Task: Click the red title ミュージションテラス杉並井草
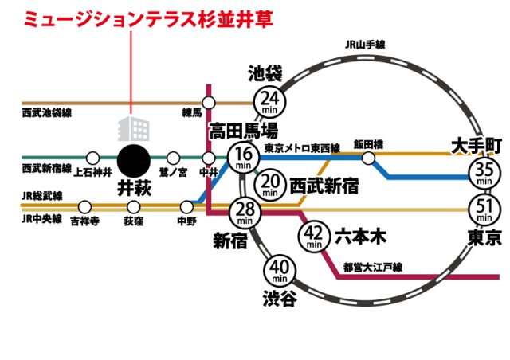pyautogui.click(x=148, y=19)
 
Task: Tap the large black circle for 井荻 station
pyautogui.click(x=134, y=162)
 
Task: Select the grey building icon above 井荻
pyautogui.click(x=134, y=128)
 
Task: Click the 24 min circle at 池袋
pyautogui.click(x=269, y=102)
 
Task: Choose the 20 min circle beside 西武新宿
pyautogui.click(x=270, y=184)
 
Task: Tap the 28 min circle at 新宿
pyautogui.click(x=245, y=213)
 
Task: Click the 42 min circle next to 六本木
pyautogui.click(x=314, y=236)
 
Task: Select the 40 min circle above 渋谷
pyautogui.click(x=280, y=270)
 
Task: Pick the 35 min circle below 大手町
pyautogui.click(x=484, y=172)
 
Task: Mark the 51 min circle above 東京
pyautogui.click(x=484, y=209)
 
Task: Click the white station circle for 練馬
pyautogui.click(x=209, y=103)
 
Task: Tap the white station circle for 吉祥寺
pyautogui.click(x=84, y=207)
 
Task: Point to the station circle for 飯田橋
pyautogui.click(x=368, y=158)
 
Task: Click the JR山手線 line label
pyautogui.click(x=365, y=45)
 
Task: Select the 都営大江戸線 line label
pyautogui.click(x=373, y=268)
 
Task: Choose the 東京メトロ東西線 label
pyautogui.click(x=302, y=148)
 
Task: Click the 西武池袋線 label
pyautogui.click(x=46, y=113)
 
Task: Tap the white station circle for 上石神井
pyautogui.click(x=93, y=158)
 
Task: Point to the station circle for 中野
pyautogui.click(x=186, y=207)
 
